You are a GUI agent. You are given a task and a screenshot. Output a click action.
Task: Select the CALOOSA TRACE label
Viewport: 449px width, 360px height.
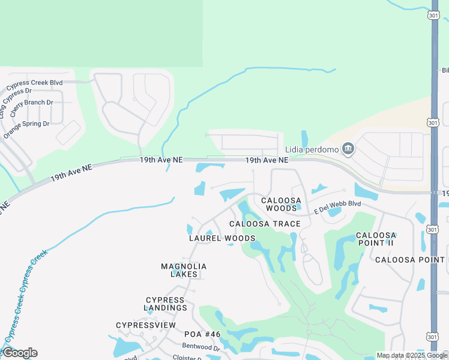tap(265, 224)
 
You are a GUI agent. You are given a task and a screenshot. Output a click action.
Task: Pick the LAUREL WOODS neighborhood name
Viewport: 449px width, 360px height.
tap(222, 238)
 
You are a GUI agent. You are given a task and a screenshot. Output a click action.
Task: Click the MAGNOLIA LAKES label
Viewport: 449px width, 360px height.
tap(184, 270)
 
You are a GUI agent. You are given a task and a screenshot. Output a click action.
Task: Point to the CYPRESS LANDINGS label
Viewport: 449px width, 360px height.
tap(166, 304)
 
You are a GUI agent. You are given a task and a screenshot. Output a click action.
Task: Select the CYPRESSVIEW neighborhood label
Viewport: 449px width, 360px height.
tap(146, 325)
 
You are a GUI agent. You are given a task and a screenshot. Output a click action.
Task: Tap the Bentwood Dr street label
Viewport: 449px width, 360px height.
tap(201, 347)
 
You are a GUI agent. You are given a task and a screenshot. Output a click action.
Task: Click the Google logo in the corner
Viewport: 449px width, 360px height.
tap(20, 353)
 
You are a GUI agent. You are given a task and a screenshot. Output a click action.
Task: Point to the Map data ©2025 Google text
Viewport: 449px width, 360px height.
tap(412, 355)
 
